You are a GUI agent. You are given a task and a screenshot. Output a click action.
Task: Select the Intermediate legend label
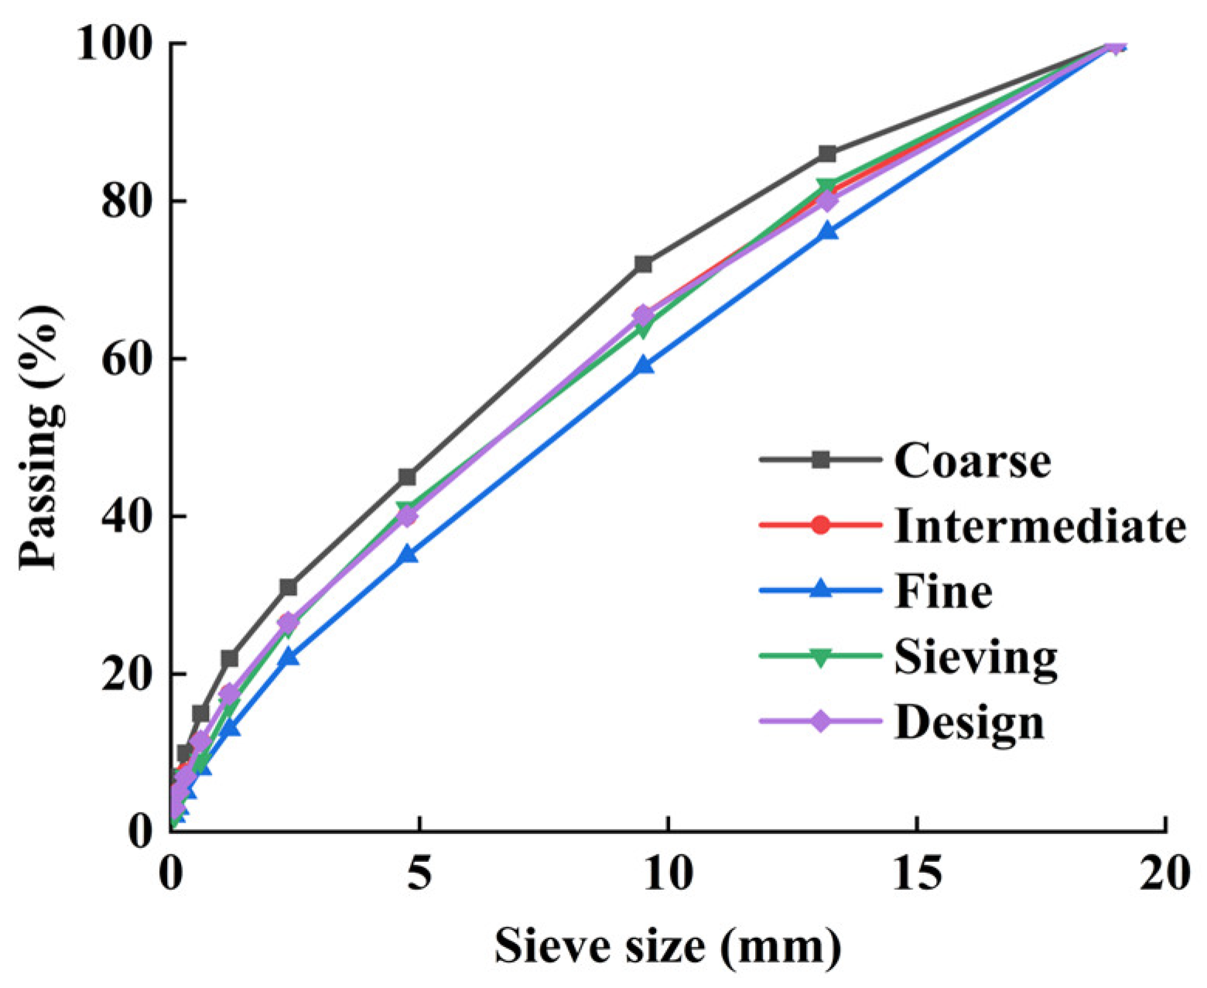pyautogui.click(x=1040, y=525)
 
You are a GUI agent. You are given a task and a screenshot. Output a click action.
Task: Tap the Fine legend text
pyautogui.click(x=943, y=591)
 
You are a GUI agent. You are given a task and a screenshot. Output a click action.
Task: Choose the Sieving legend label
pyautogui.click(x=976, y=657)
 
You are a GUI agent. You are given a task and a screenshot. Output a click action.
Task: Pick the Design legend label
pyautogui.click(x=969, y=722)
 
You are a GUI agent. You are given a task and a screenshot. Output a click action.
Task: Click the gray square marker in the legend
pyautogui.click(x=821, y=460)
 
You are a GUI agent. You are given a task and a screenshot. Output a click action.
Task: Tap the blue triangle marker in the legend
pyautogui.click(x=821, y=590)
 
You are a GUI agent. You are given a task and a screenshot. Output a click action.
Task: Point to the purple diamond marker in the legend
pyautogui.click(x=821, y=721)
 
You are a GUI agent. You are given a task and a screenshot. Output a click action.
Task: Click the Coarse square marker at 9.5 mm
pyautogui.click(x=643, y=264)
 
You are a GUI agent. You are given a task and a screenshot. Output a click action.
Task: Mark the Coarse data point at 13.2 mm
pyautogui.click(x=827, y=153)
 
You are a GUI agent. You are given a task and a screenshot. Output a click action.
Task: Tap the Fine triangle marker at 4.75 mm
pyautogui.click(x=407, y=554)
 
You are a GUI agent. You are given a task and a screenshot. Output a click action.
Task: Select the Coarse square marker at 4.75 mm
pyautogui.click(x=407, y=477)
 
